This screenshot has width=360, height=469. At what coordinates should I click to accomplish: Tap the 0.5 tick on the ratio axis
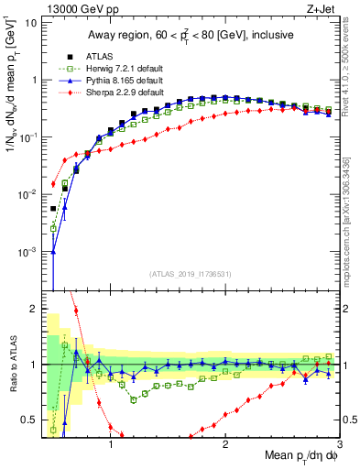(x=28, y=420)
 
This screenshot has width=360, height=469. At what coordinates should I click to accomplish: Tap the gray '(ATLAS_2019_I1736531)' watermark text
(x=190, y=274)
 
